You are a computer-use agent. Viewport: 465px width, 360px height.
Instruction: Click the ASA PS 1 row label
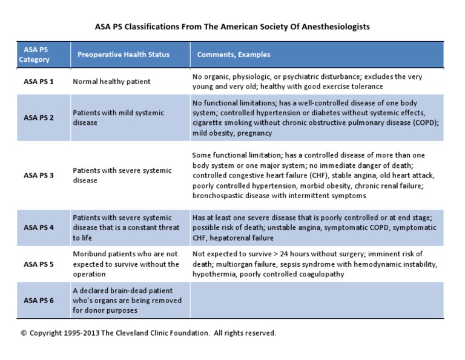point(38,81)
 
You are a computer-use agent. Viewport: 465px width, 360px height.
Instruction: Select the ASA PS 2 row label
point(38,118)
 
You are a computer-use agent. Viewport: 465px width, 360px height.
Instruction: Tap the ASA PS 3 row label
point(38,175)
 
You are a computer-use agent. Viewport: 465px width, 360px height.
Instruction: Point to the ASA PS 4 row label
point(38,228)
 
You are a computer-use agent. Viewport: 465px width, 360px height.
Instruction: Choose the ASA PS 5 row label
point(38,264)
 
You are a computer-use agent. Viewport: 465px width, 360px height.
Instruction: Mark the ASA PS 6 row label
point(38,300)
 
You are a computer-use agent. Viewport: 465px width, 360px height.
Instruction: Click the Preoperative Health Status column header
point(124,55)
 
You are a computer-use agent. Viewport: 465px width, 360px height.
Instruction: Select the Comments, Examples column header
point(234,55)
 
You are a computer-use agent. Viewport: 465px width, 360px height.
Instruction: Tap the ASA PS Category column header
point(34,55)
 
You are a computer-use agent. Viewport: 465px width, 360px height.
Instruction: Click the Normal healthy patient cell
point(111,81)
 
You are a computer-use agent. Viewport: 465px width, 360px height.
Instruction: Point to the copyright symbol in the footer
point(24,333)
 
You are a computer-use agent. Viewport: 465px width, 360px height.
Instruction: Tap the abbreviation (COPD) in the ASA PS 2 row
point(423,122)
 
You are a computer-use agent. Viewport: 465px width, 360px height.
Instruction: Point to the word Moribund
point(90,254)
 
